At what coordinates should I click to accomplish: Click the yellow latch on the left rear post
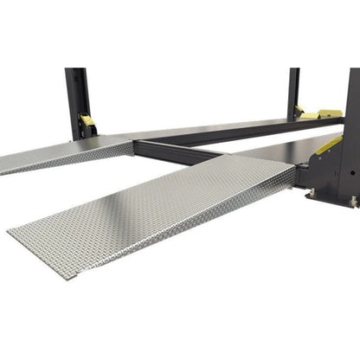click(87, 122)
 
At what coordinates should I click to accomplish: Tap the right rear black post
click(294, 91)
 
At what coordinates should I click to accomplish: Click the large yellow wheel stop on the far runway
click(330, 113)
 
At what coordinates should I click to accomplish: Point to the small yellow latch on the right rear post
click(300, 110)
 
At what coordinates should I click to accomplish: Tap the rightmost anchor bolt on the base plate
click(354, 202)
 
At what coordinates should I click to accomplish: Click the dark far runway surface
click(216, 128)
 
